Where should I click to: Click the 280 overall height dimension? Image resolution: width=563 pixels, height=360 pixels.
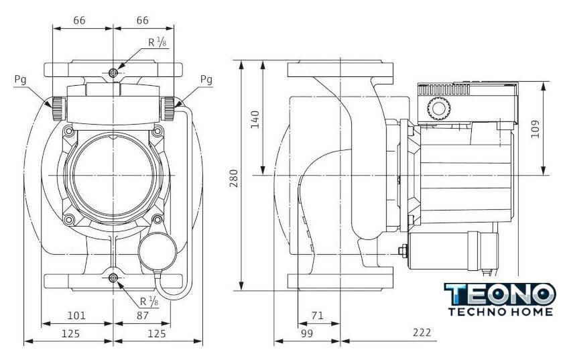tap(234, 178)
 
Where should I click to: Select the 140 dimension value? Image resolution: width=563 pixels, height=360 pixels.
tap(255, 119)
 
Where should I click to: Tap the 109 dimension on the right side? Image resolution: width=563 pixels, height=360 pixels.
tap(535, 129)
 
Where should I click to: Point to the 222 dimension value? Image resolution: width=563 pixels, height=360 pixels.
tap(422, 333)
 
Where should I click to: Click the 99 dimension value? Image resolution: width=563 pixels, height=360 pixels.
tap(307, 333)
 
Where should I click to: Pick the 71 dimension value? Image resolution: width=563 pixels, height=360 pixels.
tap(318, 316)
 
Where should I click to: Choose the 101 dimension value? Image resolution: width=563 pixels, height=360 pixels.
tap(77, 316)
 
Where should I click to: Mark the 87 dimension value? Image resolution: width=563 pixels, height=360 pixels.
tap(143, 316)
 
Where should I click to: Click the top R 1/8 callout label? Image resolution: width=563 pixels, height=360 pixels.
tap(158, 42)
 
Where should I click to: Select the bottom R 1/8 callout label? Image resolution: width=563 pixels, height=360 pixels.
tap(149, 301)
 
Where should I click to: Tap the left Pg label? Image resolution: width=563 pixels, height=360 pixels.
tap(21, 80)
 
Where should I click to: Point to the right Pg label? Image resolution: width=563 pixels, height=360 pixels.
tap(206, 79)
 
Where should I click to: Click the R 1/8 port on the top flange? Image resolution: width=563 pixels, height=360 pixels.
tap(113, 73)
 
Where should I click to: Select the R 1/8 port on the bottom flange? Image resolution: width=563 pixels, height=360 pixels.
tap(113, 278)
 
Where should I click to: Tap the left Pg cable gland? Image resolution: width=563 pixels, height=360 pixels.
tap(58, 109)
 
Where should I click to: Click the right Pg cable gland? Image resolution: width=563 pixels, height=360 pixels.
tap(168, 109)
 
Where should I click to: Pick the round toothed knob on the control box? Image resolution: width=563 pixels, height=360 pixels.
tap(438, 108)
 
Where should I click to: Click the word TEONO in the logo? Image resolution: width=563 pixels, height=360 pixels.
tap(500, 294)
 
